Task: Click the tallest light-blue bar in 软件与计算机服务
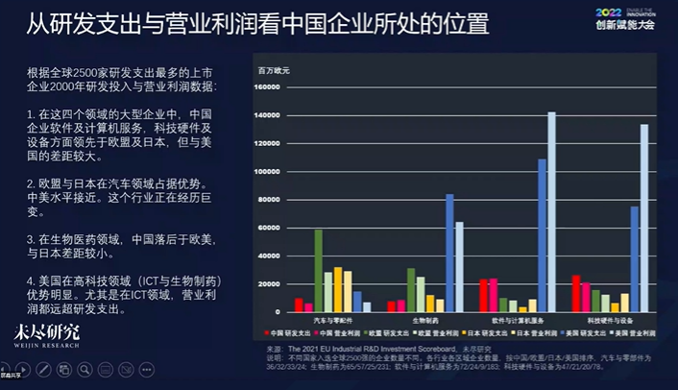[x=551, y=211]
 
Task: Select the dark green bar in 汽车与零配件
[x=318, y=271]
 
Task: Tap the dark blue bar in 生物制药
[x=449, y=253]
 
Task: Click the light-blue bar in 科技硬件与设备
[x=644, y=218]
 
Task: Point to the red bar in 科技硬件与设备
[x=576, y=293]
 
